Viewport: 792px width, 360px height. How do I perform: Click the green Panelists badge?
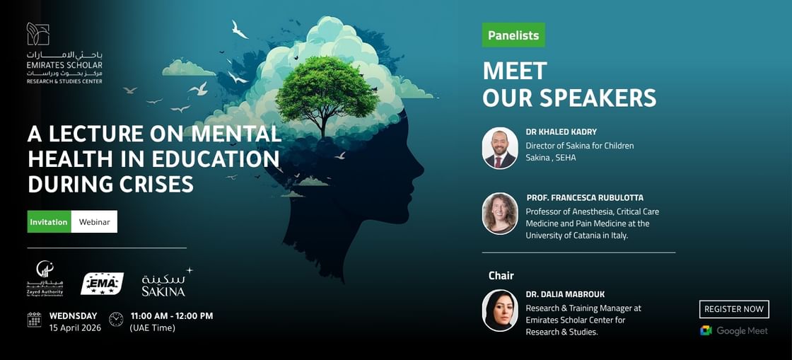coord(513,35)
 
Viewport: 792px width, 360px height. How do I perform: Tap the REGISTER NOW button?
coord(734,309)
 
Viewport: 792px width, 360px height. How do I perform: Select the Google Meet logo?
coord(734,330)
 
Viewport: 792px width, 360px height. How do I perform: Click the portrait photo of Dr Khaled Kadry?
coord(500,148)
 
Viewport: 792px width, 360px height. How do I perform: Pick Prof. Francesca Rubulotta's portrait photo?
coord(500,213)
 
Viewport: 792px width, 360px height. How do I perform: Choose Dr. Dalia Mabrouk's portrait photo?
coord(500,310)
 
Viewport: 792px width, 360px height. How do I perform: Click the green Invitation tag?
coord(49,221)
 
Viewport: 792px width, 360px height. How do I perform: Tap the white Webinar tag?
coord(94,221)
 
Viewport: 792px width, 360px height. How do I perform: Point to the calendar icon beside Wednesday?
coord(35,320)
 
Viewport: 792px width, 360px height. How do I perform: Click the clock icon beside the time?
coord(116,320)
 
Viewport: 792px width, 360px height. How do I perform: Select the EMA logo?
coord(102,284)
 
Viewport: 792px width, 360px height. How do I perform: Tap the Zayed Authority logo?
coord(45,279)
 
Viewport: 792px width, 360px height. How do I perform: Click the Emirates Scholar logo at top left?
coord(64,54)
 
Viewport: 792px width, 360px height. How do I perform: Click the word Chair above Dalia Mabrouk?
coord(501,275)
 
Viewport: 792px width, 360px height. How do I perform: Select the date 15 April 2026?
coord(75,327)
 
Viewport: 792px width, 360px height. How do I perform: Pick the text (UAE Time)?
coord(152,327)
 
